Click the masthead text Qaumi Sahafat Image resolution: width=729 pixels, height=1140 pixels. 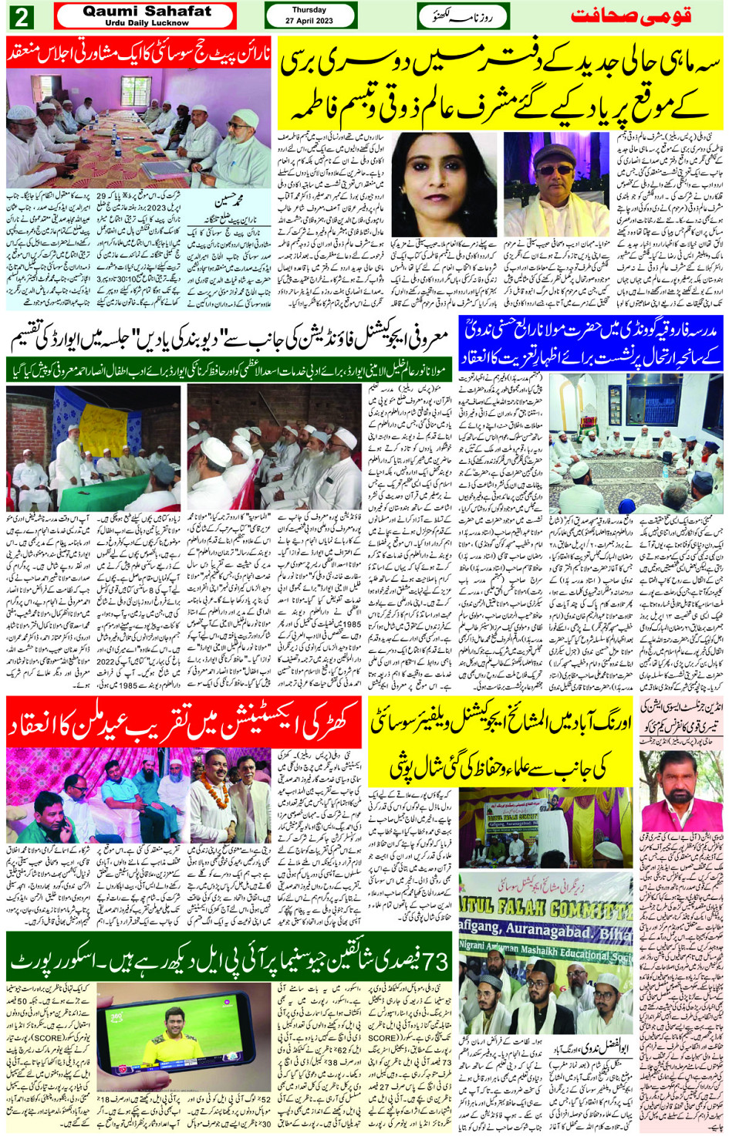tap(147, 11)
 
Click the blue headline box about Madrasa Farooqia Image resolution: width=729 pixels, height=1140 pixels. tap(590, 341)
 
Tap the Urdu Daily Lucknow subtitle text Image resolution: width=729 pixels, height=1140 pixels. tap(147, 23)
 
